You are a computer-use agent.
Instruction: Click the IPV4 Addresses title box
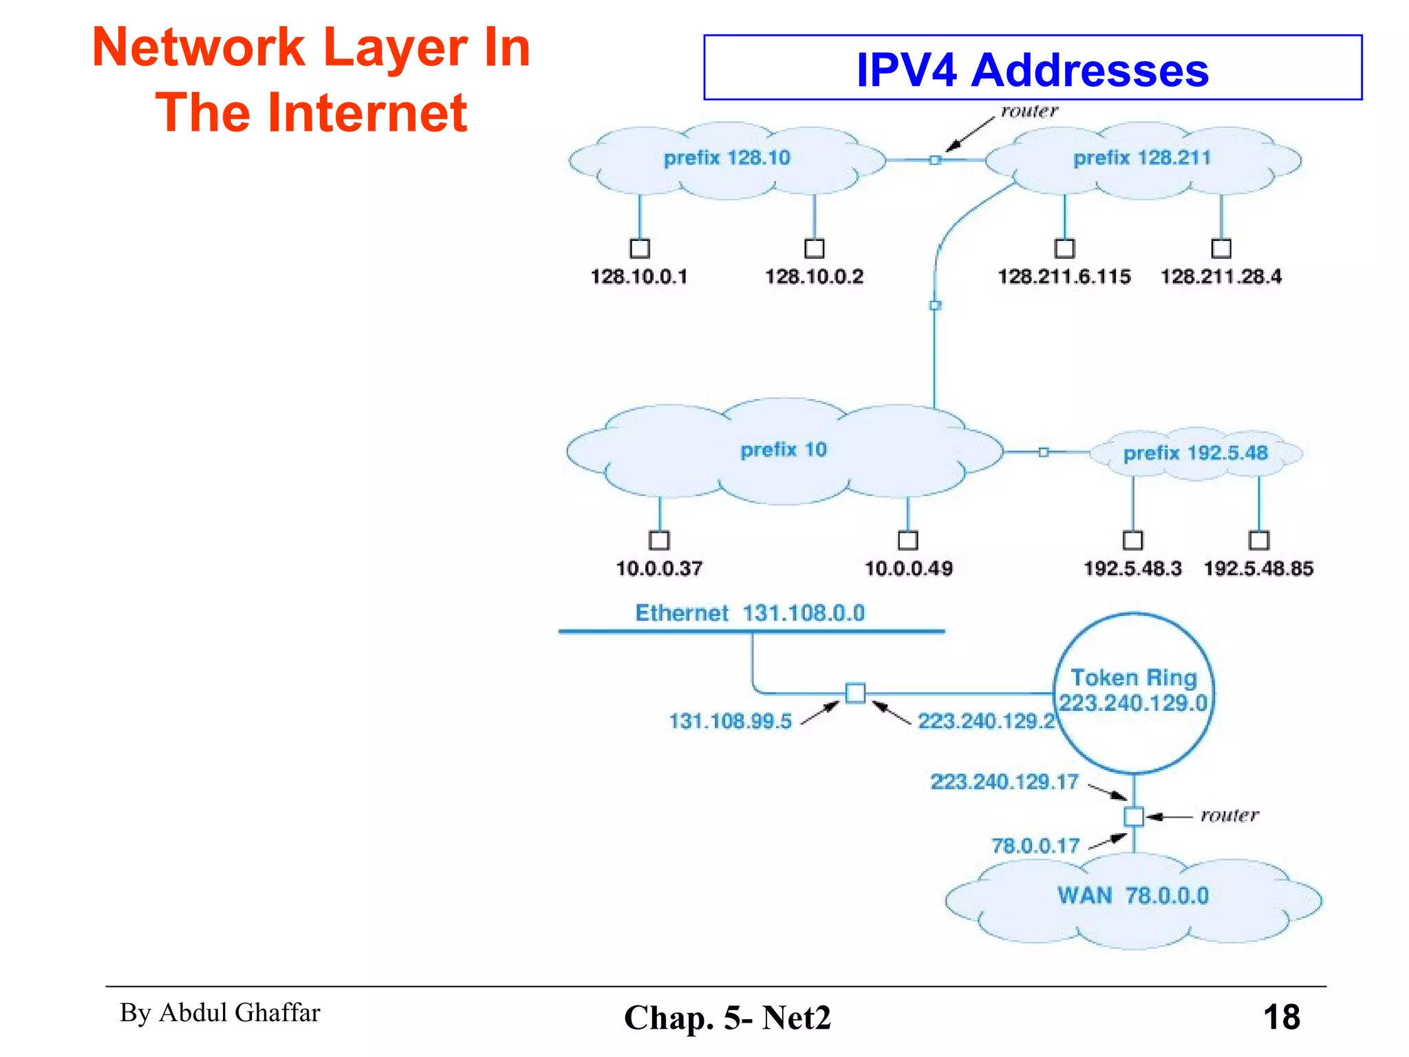(1032, 68)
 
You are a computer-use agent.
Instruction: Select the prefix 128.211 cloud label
(1141, 158)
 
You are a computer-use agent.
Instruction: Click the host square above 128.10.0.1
(640, 248)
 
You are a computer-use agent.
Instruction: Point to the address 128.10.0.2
(814, 277)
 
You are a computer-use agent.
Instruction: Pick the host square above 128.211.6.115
(1064, 248)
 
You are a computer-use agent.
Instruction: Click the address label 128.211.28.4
(1221, 277)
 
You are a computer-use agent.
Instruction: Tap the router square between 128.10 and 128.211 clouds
(935, 160)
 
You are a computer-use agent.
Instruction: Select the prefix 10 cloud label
(783, 450)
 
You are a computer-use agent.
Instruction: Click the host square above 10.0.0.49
(908, 540)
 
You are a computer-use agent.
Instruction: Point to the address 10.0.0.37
(658, 568)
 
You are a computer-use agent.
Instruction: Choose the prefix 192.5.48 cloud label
(1195, 453)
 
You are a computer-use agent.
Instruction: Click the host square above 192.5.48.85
(1259, 540)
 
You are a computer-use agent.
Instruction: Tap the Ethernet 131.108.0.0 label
(749, 612)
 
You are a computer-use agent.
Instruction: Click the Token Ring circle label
(1133, 690)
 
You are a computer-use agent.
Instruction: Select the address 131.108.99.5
(730, 721)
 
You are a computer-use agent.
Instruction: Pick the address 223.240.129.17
(1004, 782)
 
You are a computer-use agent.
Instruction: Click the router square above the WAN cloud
(1134, 817)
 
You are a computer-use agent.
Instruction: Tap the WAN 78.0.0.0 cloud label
(1132, 896)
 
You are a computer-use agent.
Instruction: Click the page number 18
(1281, 1017)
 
